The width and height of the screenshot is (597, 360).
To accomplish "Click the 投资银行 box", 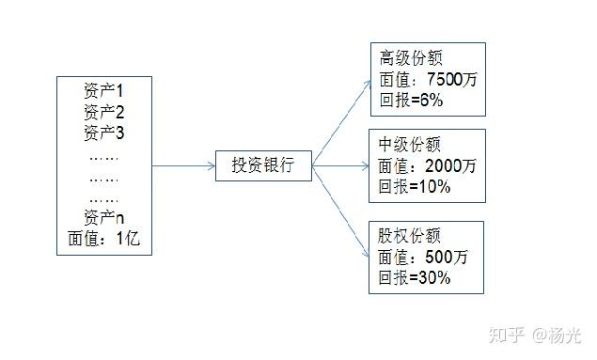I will pyautogui.click(x=263, y=166).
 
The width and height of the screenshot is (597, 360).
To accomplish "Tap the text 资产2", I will pyautogui.click(x=103, y=113).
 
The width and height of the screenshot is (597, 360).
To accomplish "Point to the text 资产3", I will pyautogui.click(x=103, y=133).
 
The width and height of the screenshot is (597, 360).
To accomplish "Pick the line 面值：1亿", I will pyautogui.click(x=103, y=238).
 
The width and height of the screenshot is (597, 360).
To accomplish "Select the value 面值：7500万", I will pyautogui.click(x=429, y=79).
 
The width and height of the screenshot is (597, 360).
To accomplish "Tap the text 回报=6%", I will pyautogui.click(x=411, y=99).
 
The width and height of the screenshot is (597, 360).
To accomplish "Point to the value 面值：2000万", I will pyautogui.click(x=428, y=166).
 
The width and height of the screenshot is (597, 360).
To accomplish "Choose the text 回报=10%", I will pyautogui.click(x=415, y=186).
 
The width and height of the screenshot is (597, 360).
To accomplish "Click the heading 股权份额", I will pyautogui.click(x=410, y=235).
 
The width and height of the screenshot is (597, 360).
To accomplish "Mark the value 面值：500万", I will pyautogui.click(x=424, y=256).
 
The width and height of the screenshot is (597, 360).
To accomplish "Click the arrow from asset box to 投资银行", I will pyautogui.click(x=183, y=166).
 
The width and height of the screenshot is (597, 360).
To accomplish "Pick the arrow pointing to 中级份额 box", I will pyautogui.click(x=342, y=166).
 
